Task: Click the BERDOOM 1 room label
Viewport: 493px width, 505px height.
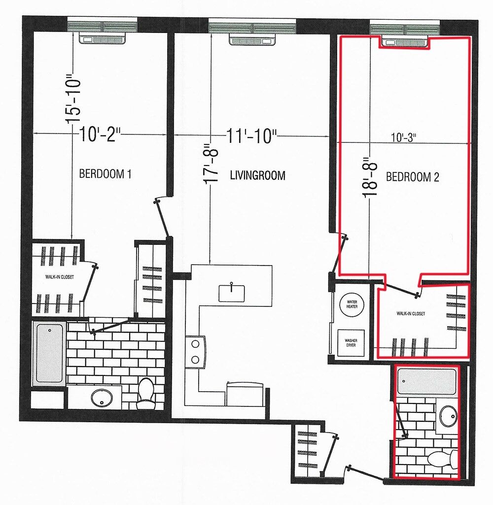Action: coord(105,174)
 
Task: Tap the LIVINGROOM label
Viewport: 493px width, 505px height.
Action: coord(258,175)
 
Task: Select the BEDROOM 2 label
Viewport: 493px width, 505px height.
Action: coord(413,177)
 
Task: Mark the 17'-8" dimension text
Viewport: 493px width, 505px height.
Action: coord(211,162)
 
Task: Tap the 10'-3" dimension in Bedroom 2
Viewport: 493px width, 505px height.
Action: coord(403,137)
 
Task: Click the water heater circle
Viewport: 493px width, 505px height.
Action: coord(352,304)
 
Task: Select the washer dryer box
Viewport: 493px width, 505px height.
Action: coord(351,343)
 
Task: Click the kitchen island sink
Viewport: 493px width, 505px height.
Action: coord(231,293)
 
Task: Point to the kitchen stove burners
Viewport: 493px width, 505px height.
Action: coord(195,352)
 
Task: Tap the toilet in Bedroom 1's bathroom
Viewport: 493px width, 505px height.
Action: coord(145,393)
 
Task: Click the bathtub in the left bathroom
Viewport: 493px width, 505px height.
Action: coord(50,353)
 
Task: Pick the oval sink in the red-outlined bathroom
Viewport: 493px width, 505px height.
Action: coord(448,416)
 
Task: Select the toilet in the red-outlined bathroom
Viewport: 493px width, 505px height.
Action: coord(442,459)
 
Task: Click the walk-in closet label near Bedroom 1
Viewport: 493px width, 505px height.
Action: coord(60,277)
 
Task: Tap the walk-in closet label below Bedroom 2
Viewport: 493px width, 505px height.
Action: coord(411,313)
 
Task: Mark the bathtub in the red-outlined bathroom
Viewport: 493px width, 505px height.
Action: coord(427,382)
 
